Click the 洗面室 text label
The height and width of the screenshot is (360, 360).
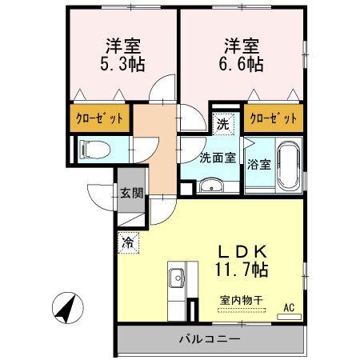(217, 157)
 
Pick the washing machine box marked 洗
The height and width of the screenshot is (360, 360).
(224, 124)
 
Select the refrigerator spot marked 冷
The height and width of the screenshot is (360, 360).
(129, 240)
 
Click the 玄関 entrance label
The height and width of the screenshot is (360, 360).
(132, 192)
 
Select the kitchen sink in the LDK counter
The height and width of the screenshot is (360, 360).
(176, 280)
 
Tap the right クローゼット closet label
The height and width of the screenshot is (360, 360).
(274, 118)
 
